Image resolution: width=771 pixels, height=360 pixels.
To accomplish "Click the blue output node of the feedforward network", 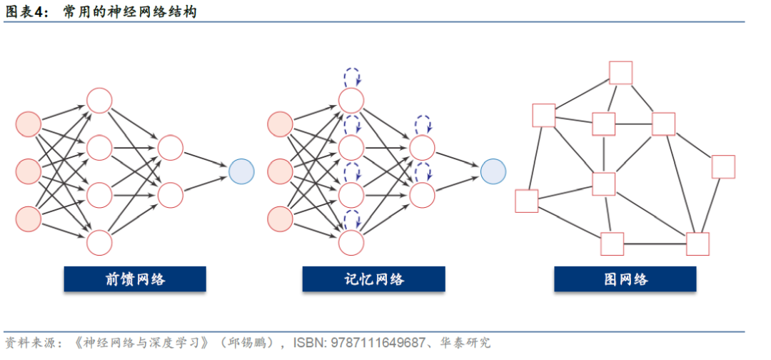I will [241, 171].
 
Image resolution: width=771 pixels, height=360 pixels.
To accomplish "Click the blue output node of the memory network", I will [493, 171].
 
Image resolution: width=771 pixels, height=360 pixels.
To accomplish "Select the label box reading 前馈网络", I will [135, 279].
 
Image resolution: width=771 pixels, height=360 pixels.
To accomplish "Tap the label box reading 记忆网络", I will [373, 279].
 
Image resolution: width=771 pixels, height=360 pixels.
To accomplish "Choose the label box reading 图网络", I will [625, 279].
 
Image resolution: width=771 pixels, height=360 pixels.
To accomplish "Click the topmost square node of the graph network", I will [620, 73].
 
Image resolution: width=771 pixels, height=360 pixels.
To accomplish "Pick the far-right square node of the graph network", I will [723, 166].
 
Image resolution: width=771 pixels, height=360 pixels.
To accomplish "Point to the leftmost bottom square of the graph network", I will [527, 201].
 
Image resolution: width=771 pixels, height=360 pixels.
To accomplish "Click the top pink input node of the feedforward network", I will [29, 124].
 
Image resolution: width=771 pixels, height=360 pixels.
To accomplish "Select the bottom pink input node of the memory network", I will [281, 218].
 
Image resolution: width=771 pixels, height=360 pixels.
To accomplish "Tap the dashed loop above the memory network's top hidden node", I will [352, 76].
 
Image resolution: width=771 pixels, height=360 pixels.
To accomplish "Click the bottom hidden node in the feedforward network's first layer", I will [99, 242].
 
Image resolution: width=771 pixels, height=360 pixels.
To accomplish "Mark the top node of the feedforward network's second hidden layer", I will [171, 148].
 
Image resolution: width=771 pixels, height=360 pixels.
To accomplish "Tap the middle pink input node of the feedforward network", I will [29, 171].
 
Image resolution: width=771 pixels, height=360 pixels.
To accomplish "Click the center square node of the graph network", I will [604, 184].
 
